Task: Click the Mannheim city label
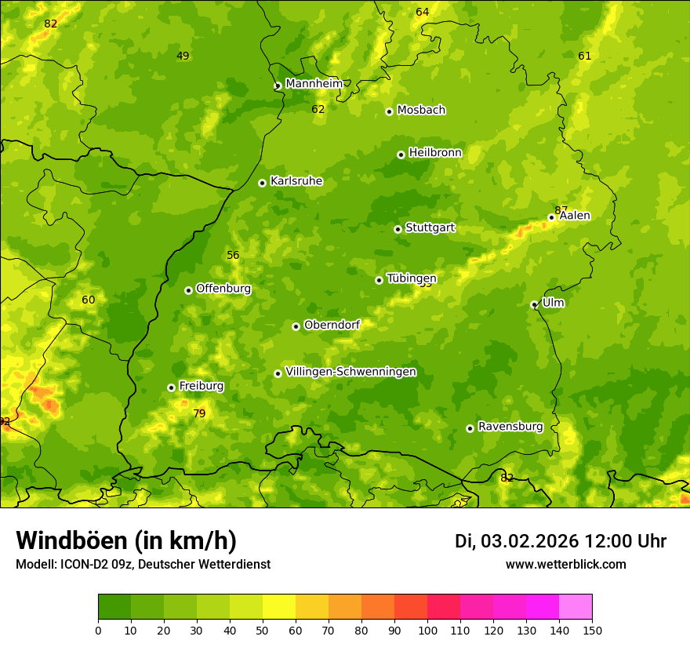314,84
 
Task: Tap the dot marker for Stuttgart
398,229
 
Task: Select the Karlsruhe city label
296,181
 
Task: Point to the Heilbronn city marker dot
401,155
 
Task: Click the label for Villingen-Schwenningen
350,372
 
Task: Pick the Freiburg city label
201,386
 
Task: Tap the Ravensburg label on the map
510,427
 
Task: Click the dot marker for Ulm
534,304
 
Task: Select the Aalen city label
575,216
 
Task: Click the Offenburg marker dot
188,290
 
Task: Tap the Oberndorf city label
331,325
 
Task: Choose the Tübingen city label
411,278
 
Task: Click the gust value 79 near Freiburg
199,413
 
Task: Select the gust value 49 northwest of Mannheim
183,56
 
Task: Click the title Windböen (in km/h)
126,540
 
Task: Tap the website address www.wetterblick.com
565,564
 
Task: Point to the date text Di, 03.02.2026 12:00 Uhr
560,541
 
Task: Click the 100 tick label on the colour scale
427,630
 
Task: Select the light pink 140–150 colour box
576,606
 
